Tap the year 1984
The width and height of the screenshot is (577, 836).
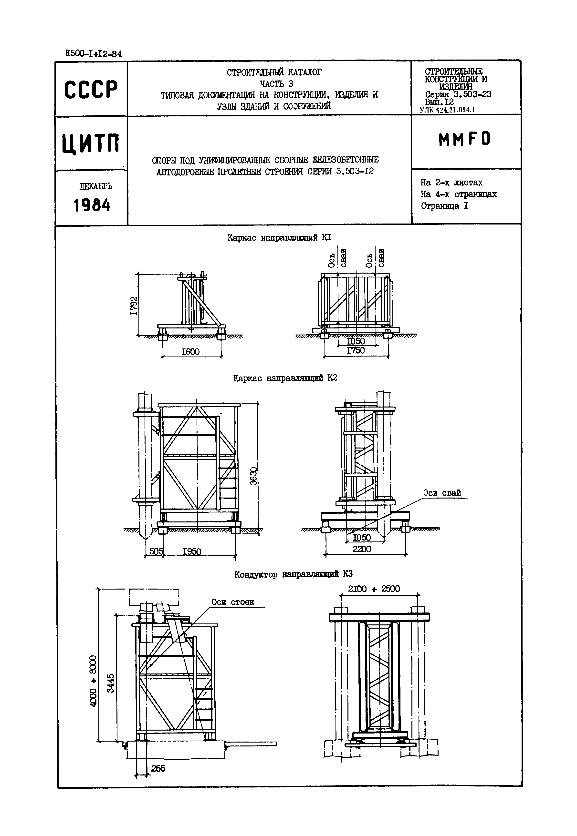pos(92,206)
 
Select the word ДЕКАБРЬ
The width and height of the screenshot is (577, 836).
pos(95,186)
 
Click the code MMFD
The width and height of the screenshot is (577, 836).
pos(465,139)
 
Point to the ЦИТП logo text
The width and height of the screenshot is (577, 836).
pos(90,143)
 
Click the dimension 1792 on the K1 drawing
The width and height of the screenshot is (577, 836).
pos(134,305)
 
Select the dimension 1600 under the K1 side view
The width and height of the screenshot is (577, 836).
pos(190,351)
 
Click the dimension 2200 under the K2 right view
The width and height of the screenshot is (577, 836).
pos(362,549)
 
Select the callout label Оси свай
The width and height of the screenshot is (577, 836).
pos(442,493)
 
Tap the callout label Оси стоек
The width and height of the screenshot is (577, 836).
pos(232,602)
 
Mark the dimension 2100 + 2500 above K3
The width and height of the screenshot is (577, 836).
pos(374,589)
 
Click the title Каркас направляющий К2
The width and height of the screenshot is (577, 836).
pos(285,378)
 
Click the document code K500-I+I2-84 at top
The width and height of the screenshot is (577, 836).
pos(93,54)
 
